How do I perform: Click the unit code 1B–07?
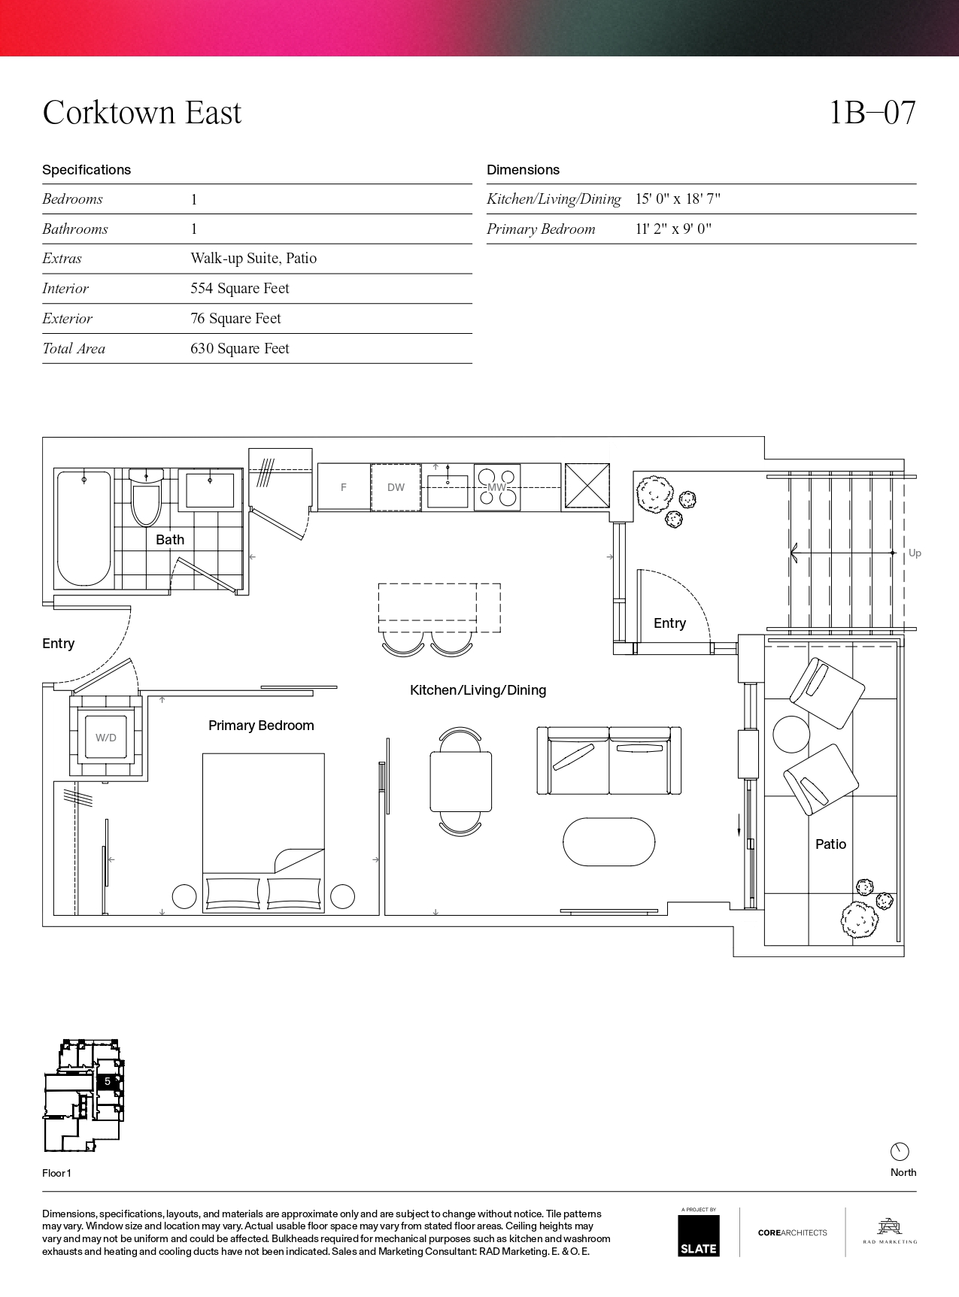[873, 113]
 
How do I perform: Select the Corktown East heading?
[142, 113]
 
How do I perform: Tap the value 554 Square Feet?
[240, 289]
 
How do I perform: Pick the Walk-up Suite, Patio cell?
[253, 259]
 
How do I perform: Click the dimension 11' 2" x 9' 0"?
[673, 229]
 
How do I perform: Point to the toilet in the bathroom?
[146, 497]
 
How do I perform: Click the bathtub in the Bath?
[84, 528]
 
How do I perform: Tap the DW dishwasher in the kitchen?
[396, 487]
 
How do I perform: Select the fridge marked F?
[344, 487]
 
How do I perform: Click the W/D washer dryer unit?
[106, 738]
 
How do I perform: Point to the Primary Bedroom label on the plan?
[261, 726]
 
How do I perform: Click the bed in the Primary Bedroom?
[263, 833]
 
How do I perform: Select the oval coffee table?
[609, 842]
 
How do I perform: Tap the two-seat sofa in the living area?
[609, 760]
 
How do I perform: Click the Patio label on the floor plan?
[831, 844]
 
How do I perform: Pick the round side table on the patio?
[792, 734]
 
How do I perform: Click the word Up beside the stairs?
[915, 553]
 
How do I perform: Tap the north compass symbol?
[900, 1152]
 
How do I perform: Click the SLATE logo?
[699, 1235]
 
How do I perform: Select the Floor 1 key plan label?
[56, 1173]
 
